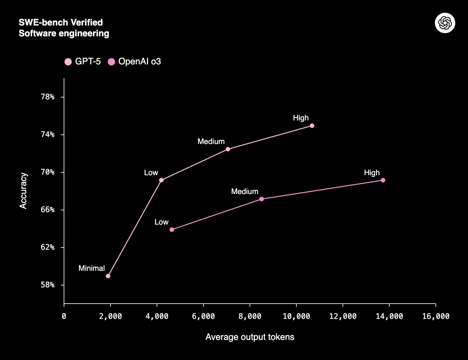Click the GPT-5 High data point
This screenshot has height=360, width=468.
(312, 126)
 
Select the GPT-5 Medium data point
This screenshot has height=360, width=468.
(228, 149)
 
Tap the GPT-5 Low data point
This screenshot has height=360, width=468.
(161, 180)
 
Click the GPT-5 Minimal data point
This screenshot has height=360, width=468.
(108, 276)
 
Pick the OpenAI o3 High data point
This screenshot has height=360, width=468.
(383, 180)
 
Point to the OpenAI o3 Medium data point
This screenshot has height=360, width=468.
(261, 199)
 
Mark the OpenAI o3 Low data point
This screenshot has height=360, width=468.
(172, 230)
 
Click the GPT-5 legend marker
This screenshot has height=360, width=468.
(68, 62)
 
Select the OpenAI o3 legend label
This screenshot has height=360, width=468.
(139, 61)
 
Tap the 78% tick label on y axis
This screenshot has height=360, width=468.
(48, 97)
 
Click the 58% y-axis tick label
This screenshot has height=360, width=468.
(48, 285)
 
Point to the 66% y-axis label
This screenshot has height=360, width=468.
(48, 210)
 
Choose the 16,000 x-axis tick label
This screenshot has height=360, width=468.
(436, 316)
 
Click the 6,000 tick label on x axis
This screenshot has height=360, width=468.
(203, 316)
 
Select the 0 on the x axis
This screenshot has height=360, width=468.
(64, 316)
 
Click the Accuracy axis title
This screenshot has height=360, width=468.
(23, 191)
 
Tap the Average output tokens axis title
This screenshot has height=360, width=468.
(250, 337)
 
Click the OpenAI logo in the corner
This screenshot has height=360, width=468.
(445, 23)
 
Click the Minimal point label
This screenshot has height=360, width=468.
(92, 268)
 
